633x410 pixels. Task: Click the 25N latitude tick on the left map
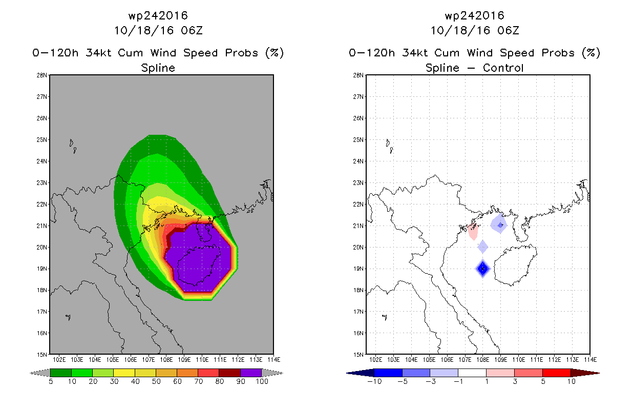click(41, 140)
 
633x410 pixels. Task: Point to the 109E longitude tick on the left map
click(184, 360)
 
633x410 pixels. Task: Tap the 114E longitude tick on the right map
click(590, 360)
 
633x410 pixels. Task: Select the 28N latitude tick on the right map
click(358, 75)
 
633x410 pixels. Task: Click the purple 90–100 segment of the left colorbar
click(251, 373)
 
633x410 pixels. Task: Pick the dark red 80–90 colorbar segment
click(230, 373)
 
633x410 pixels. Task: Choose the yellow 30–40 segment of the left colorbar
click(124, 373)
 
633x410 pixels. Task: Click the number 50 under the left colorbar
click(156, 381)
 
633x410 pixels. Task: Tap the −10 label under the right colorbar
click(374, 381)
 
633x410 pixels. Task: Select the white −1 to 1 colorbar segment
click(472, 373)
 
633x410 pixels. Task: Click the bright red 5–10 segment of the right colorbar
click(557, 373)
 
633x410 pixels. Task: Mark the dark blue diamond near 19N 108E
click(482, 269)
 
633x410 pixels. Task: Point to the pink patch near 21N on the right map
click(473, 231)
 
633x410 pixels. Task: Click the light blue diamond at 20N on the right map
click(482, 247)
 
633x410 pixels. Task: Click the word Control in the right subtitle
click(503, 68)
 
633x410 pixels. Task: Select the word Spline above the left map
click(158, 68)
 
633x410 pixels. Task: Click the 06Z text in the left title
click(192, 30)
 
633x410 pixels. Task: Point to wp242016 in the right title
click(475, 15)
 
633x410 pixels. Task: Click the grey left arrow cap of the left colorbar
click(40, 373)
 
